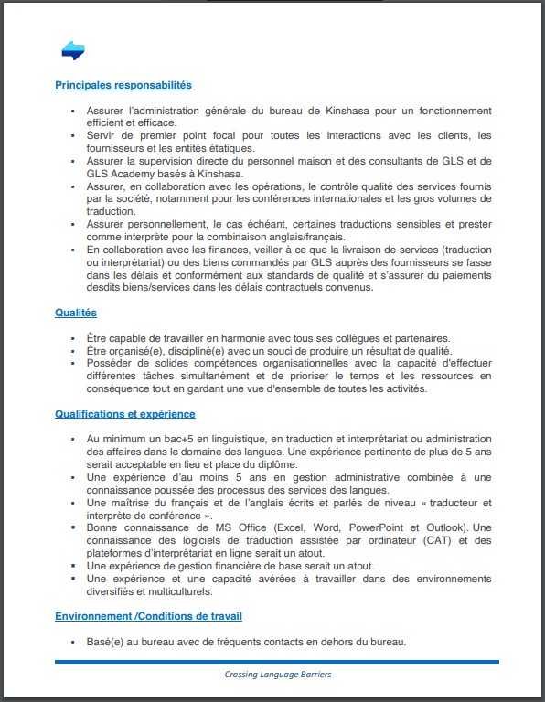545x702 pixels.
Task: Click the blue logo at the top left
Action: (73, 51)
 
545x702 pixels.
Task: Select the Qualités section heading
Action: (76, 313)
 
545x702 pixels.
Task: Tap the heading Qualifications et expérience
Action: (124, 414)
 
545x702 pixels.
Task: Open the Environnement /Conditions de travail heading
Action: (148, 616)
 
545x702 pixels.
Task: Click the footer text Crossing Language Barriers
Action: (277, 675)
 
